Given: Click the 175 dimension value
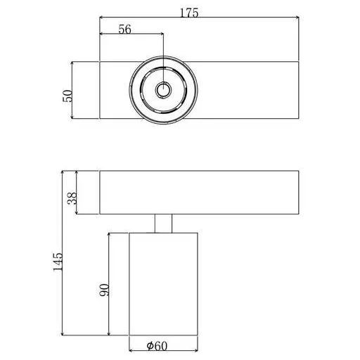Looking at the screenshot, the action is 189,13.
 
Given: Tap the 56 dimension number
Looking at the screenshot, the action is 124,30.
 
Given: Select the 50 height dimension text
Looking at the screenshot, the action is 67,96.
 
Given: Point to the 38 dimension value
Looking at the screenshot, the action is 72,198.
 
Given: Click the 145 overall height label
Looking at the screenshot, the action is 58,262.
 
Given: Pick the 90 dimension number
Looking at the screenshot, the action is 104,290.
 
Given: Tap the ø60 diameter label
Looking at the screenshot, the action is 157,346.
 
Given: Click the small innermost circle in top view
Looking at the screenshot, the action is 163,90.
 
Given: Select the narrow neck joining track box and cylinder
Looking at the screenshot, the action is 163,224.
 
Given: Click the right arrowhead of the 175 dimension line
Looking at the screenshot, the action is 297,17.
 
